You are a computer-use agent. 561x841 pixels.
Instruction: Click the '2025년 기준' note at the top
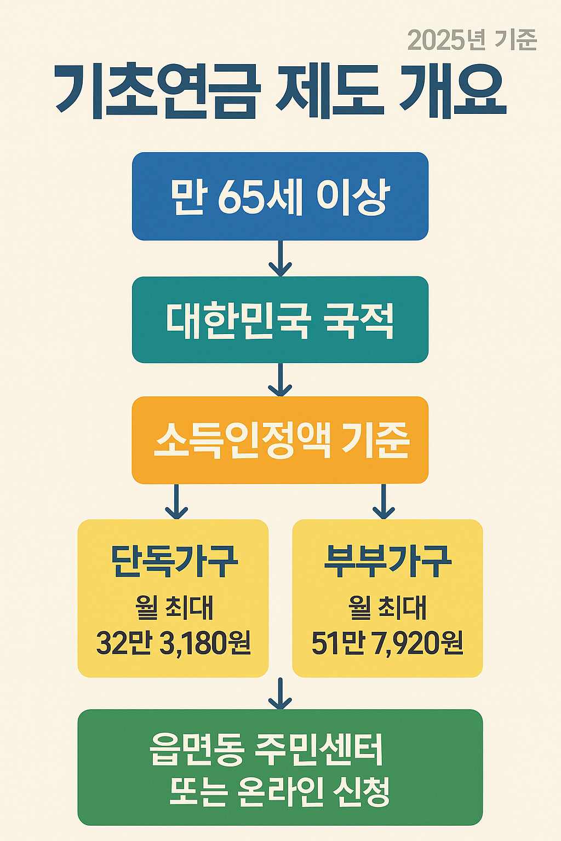[x=472, y=40]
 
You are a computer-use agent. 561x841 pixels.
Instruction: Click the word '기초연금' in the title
[x=156, y=92]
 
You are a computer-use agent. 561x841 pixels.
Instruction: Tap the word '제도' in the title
[x=329, y=92]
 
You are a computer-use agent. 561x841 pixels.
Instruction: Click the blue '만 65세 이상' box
[x=280, y=196]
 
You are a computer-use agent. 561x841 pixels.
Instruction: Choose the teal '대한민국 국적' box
[x=280, y=320]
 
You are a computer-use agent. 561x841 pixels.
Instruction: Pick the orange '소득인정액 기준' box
[x=280, y=440]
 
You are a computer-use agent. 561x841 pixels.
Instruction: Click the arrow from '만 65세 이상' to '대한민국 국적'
[x=280, y=258]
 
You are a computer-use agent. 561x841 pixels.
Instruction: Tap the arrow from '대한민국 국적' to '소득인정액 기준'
[x=280, y=379]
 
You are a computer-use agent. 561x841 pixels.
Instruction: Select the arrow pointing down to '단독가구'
[x=176, y=502]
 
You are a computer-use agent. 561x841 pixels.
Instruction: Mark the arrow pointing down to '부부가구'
[x=383, y=502]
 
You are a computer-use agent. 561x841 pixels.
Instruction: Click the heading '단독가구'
[x=174, y=562]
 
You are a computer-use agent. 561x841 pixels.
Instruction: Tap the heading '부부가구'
[x=387, y=562]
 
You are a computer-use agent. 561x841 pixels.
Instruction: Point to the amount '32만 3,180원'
[x=174, y=643]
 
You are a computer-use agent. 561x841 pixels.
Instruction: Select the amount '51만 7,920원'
[x=387, y=643]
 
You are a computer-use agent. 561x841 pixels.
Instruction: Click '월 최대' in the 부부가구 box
[x=387, y=608]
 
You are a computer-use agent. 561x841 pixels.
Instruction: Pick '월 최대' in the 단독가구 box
[x=174, y=608]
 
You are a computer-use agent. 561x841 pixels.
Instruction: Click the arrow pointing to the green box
[x=280, y=694]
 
